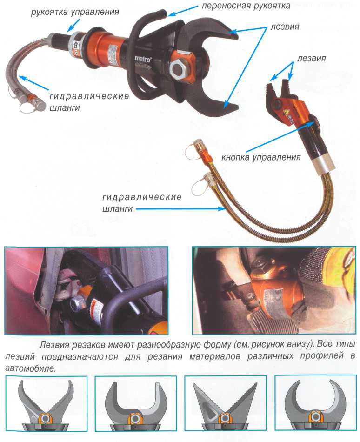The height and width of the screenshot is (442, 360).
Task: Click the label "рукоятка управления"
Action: pyautogui.click(x=74, y=12)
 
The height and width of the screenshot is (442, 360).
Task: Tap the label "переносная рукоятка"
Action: pyautogui.click(x=246, y=6)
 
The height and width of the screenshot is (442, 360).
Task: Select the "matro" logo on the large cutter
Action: pyautogui.click(x=143, y=59)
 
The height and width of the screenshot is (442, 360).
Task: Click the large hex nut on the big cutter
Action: pyautogui.click(x=179, y=69)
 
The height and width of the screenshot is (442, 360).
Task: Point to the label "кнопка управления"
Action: pyautogui.click(x=261, y=157)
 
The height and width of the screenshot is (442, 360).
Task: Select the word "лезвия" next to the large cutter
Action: pyautogui.click(x=285, y=27)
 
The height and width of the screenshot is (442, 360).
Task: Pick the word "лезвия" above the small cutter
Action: pyautogui.click(x=312, y=59)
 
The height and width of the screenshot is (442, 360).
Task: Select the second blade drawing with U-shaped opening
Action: pyautogui.click(x=136, y=405)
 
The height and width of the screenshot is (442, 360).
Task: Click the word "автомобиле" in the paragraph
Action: pyautogui.click(x=30, y=368)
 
